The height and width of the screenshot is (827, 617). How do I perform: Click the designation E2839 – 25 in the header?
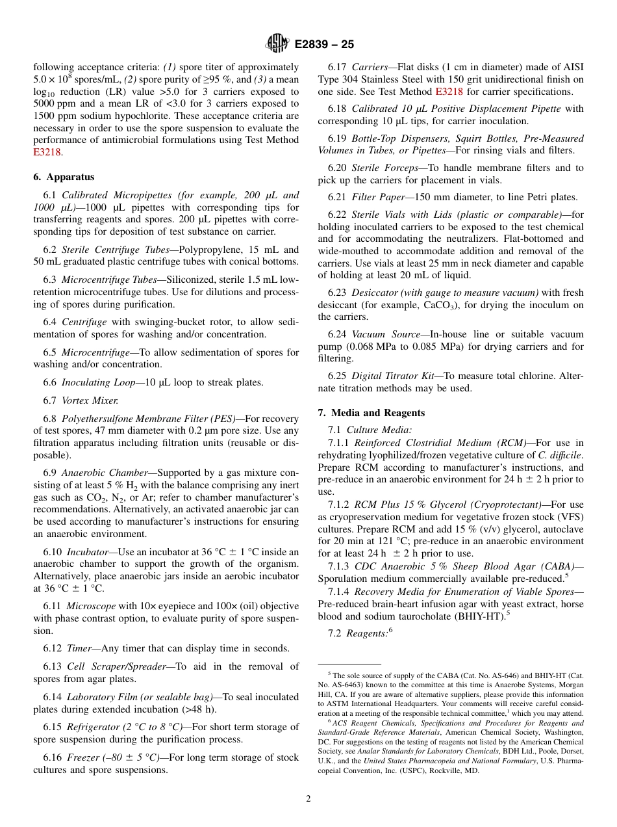(324, 45)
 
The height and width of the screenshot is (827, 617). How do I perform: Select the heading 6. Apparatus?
(64, 177)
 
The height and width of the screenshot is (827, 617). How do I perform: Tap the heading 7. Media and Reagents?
(371, 413)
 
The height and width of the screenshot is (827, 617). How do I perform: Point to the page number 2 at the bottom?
(308, 799)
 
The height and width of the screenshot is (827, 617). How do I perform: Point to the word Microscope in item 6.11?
(91, 606)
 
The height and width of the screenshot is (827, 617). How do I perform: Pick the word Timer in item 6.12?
(79, 648)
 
